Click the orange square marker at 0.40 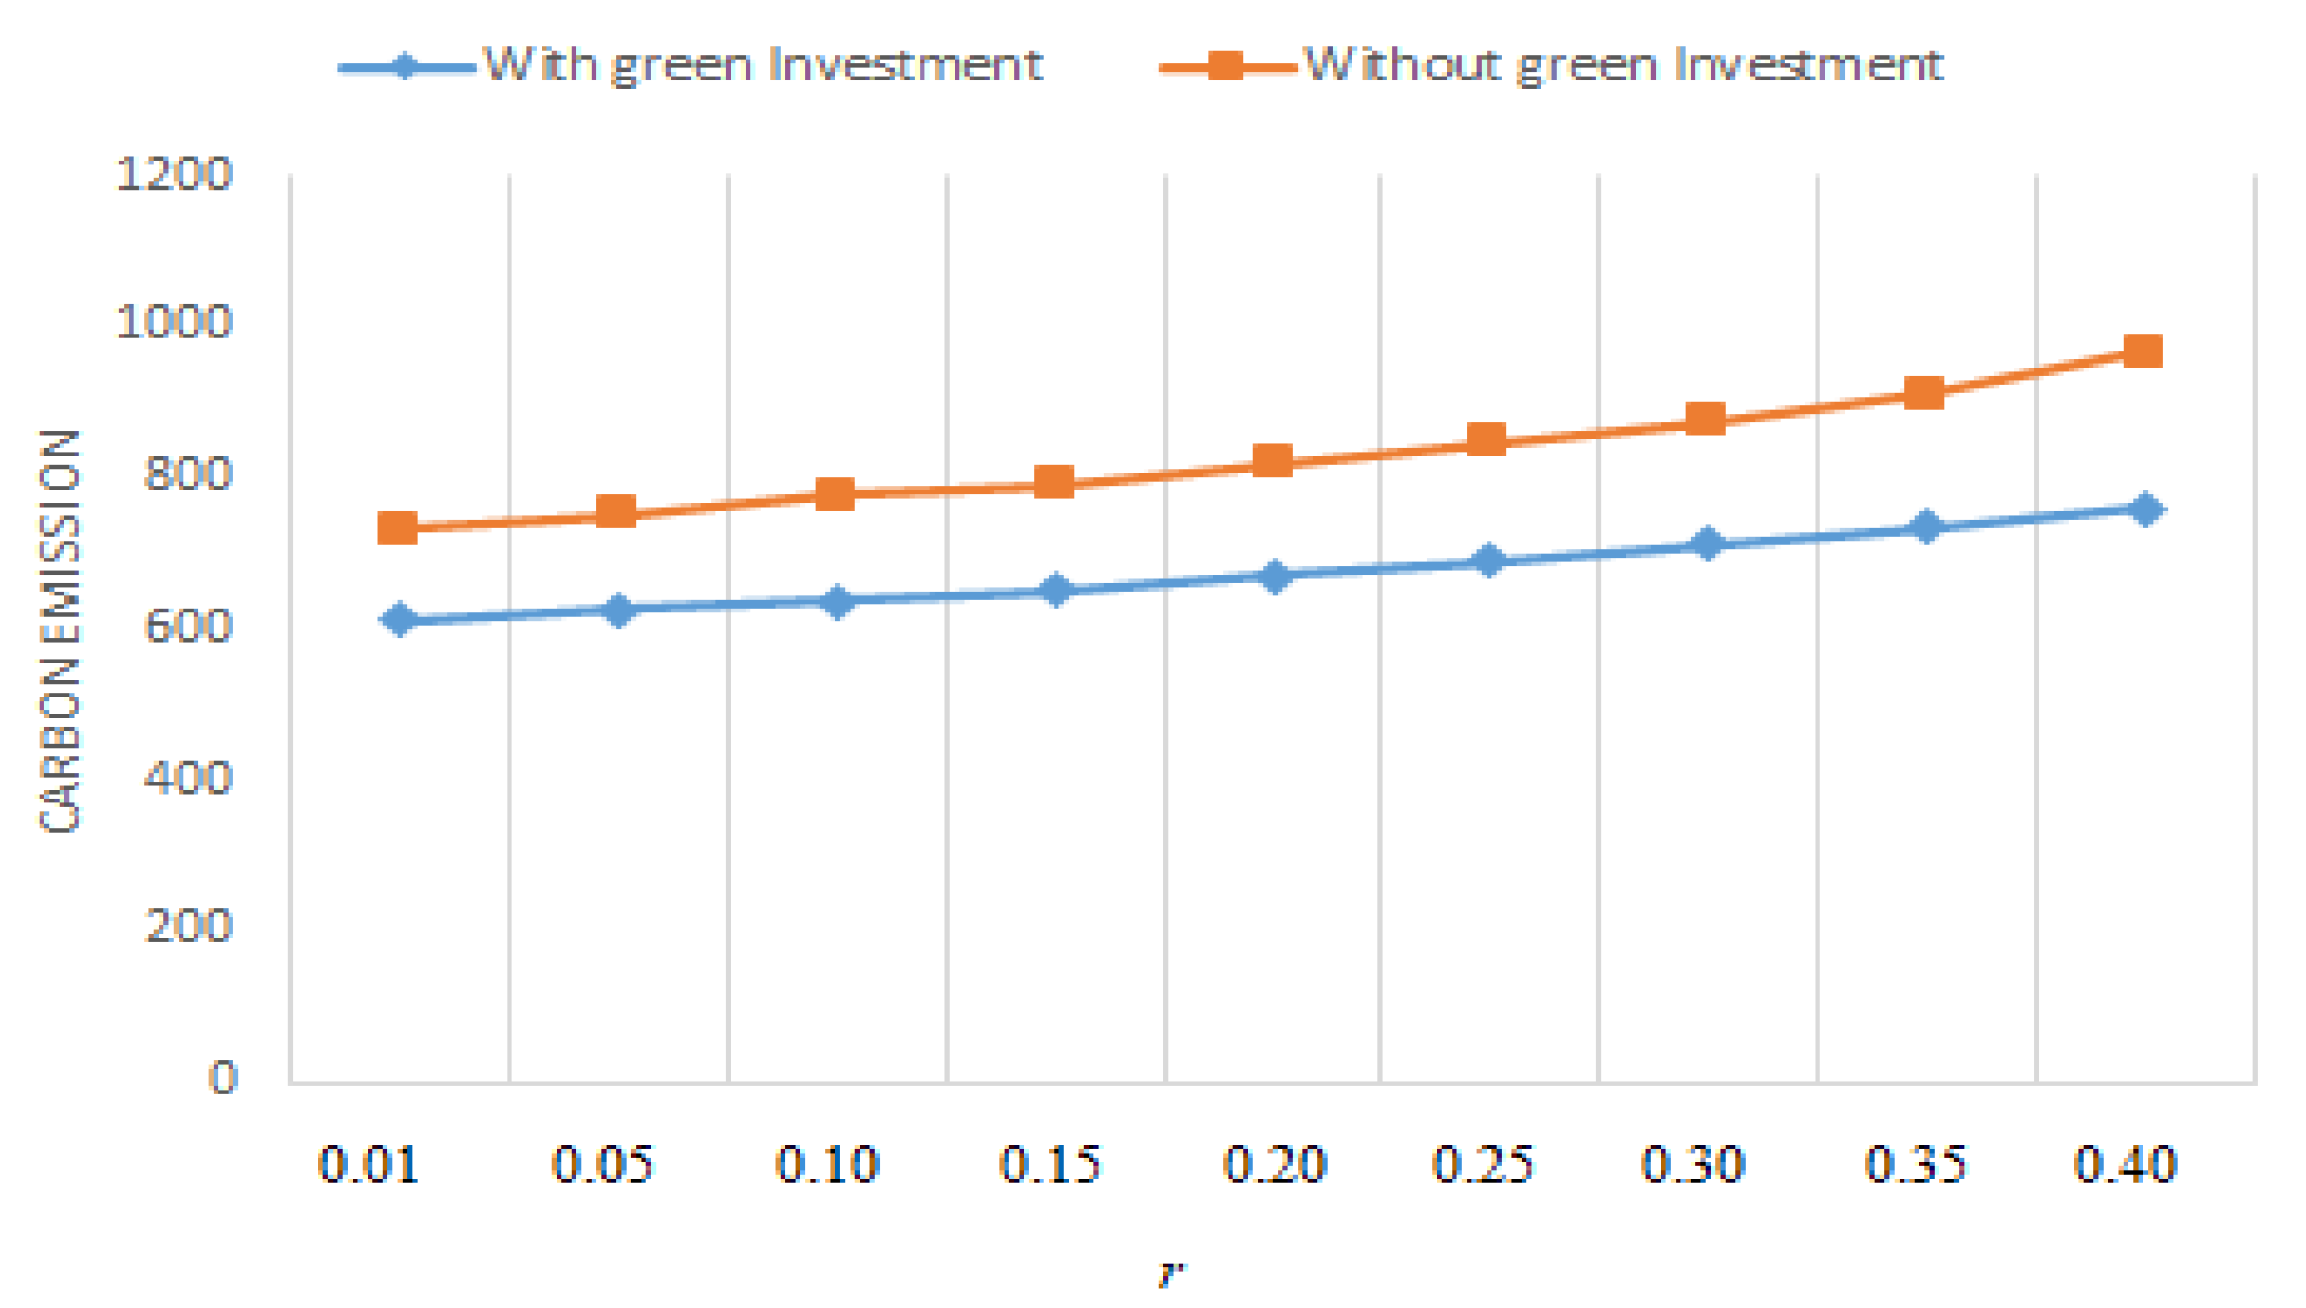pyautogui.click(x=2142, y=351)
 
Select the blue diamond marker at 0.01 pyautogui.click(x=399, y=619)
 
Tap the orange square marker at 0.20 pyautogui.click(x=1272, y=461)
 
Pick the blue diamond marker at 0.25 pyautogui.click(x=1488, y=560)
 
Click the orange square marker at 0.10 pyautogui.click(x=835, y=493)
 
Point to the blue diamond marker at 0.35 pyautogui.click(x=1925, y=526)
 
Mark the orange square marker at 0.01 pyautogui.click(x=397, y=527)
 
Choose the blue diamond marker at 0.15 pyautogui.click(x=1055, y=591)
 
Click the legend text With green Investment pyautogui.click(x=762, y=65)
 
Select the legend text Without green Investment pyautogui.click(x=1622, y=65)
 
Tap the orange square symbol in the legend pyautogui.click(x=1225, y=66)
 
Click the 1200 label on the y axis pyautogui.click(x=174, y=175)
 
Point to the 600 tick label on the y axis pyautogui.click(x=187, y=626)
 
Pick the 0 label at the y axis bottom pyautogui.click(x=222, y=1077)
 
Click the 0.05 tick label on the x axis pyautogui.click(x=602, y=1163)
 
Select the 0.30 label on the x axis pyautogui.click(x=1692, y=1163)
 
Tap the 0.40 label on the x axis pyautogui.click(x=2125, y=1163)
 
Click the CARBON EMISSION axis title pyautogui.click(x=60, y=630)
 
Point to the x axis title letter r pyautogui.click(x=1170, y=1274)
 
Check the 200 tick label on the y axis pyautogui.click(x=187, y=925)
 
